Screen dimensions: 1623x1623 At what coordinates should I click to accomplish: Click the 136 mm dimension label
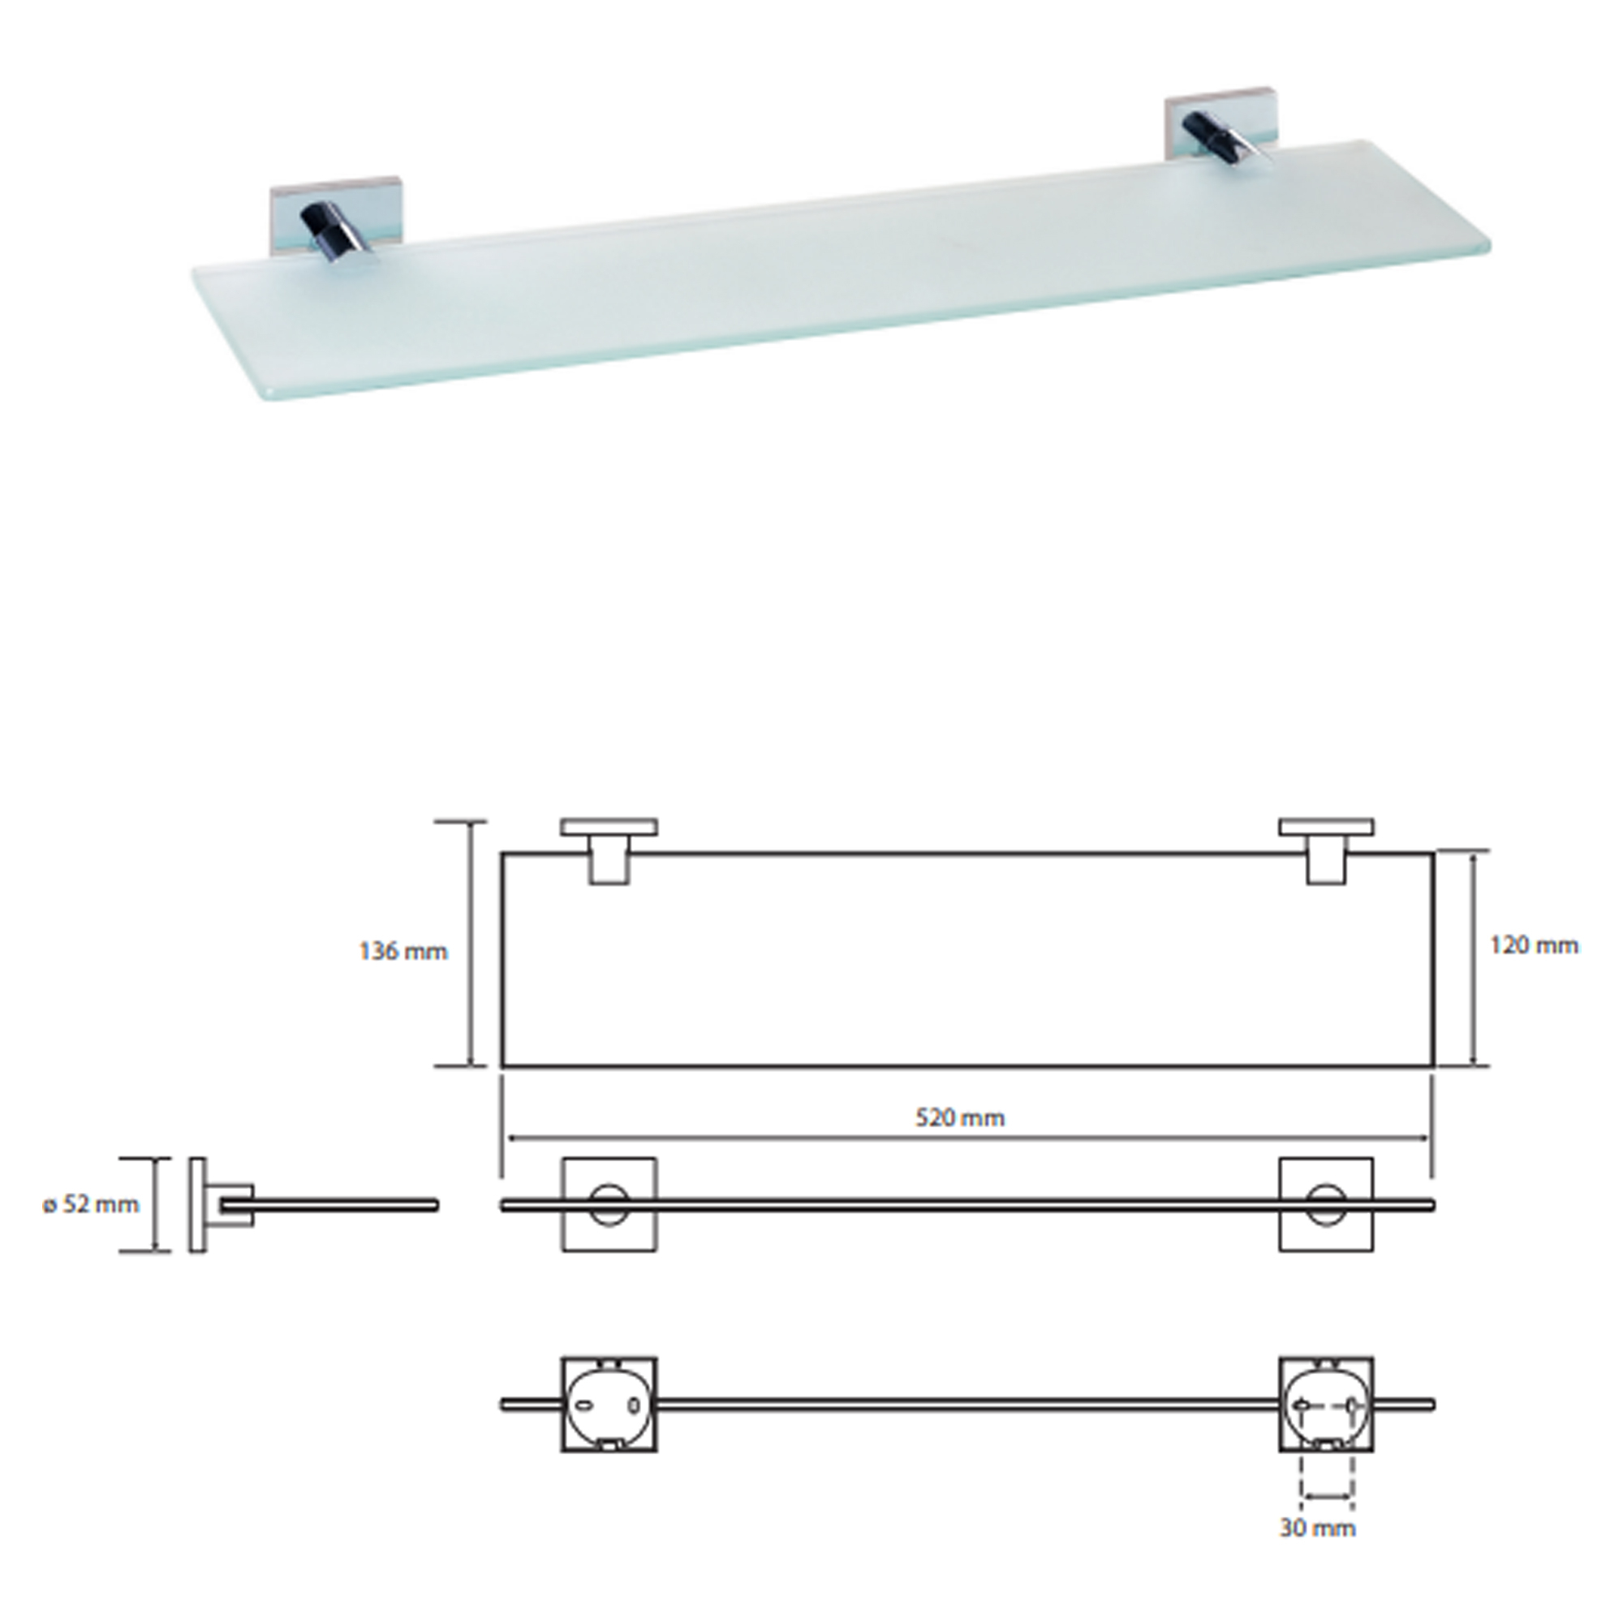403,952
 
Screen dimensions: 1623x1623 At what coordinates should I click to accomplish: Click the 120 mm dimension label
1534,945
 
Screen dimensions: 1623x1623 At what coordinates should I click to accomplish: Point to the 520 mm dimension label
959,1117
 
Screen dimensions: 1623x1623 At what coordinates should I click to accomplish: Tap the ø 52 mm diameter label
91,1203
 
